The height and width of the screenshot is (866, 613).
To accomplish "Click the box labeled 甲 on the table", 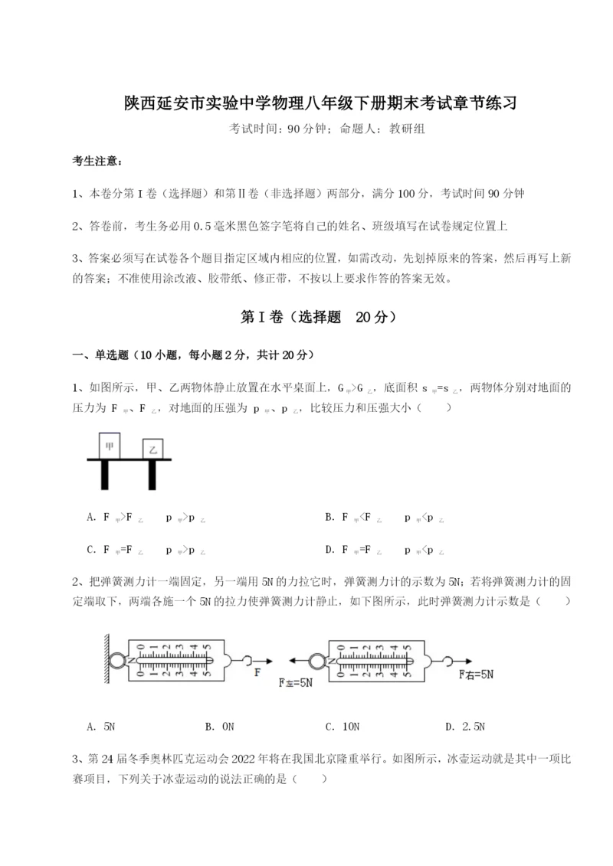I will [x=110, y=445].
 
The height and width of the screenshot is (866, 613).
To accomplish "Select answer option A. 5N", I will [x=102, y=726].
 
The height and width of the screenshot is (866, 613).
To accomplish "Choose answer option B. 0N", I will [x=220, y=726].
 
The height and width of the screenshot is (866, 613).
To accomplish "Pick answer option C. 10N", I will [x=342, y=726].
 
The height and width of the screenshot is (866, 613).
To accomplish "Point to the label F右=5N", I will [x=477, y=675].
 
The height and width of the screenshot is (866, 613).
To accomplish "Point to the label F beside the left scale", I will [x=257, y=673].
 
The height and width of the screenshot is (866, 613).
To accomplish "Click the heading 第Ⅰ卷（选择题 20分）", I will [x=306, y=317].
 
